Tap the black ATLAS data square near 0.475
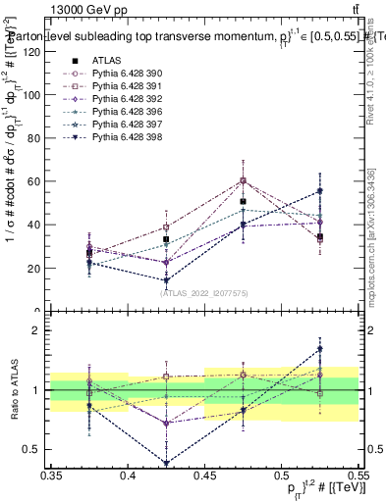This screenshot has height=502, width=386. pyautogui.click(x=243, y=201)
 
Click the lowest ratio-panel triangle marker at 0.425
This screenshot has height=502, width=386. pyautogui.click(x=166, y=463)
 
